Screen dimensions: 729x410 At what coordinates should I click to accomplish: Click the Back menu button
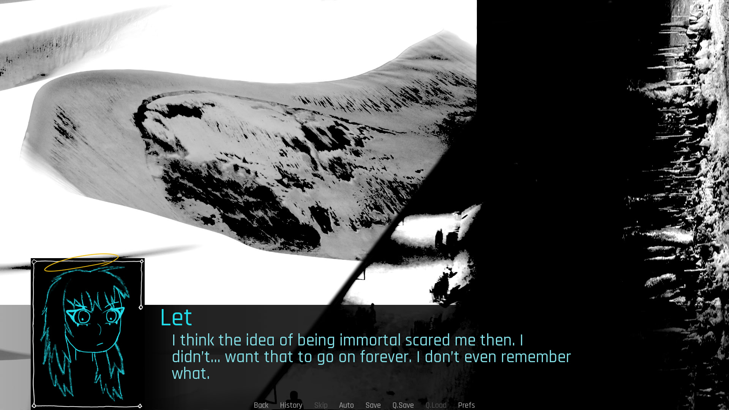[261, 405]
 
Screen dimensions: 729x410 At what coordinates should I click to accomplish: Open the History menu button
[291, 405]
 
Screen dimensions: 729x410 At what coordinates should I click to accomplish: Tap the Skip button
[321, 405]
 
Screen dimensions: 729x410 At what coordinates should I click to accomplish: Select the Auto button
[346, 405]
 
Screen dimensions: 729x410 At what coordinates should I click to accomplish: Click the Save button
[373, 405]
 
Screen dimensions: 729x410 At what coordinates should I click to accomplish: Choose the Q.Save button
[403, 405]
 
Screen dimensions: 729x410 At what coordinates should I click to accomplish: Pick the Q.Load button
[436, 405]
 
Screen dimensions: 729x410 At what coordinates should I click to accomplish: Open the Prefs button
[466, 405]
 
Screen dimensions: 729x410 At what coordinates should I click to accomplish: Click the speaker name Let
[176, 317]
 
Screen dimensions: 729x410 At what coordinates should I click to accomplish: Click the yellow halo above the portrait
[81, 263]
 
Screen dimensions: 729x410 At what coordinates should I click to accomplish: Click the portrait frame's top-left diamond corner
[34, 262]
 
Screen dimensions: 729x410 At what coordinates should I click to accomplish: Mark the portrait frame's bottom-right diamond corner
[140, 406]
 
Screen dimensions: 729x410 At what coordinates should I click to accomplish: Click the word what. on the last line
[191, 374]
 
